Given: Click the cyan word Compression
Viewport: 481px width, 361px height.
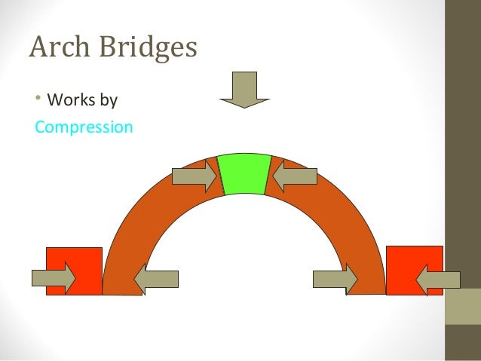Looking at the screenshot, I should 84,127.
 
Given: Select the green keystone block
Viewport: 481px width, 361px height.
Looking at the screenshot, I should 244,174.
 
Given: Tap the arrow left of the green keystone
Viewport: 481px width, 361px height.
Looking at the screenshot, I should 195,176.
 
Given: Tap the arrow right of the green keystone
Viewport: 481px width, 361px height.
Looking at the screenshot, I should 294,176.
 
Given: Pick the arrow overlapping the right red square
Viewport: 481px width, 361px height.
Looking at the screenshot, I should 438,279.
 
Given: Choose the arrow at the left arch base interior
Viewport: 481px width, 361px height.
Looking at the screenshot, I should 156,279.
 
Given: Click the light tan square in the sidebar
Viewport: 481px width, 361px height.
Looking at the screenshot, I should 462,306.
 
